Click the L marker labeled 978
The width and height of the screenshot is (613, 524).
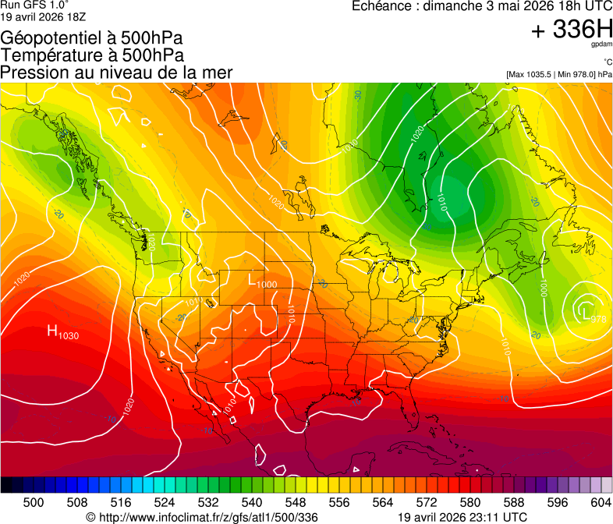coord(586,313)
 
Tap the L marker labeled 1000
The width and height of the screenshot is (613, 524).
coord(252,279)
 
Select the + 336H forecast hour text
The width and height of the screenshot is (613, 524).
coord(571,30)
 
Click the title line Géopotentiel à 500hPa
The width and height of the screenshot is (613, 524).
coord(93,38)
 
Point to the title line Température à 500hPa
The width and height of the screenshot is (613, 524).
coord(93,55)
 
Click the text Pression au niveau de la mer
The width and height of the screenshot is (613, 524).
coord(116,73)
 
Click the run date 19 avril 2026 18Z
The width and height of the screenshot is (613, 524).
coord(44,15)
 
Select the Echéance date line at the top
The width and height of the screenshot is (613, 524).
coord(481,6)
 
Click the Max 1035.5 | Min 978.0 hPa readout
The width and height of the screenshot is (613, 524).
coord(558,74)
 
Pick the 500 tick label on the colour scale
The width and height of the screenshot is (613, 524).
coord(34,503)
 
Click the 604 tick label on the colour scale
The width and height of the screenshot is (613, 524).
coord(601,503)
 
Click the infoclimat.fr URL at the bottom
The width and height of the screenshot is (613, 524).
coord(202,517)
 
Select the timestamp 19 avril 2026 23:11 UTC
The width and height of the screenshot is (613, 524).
coord(462,517)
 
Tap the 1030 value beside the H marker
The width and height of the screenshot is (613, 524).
coord(69,336)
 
